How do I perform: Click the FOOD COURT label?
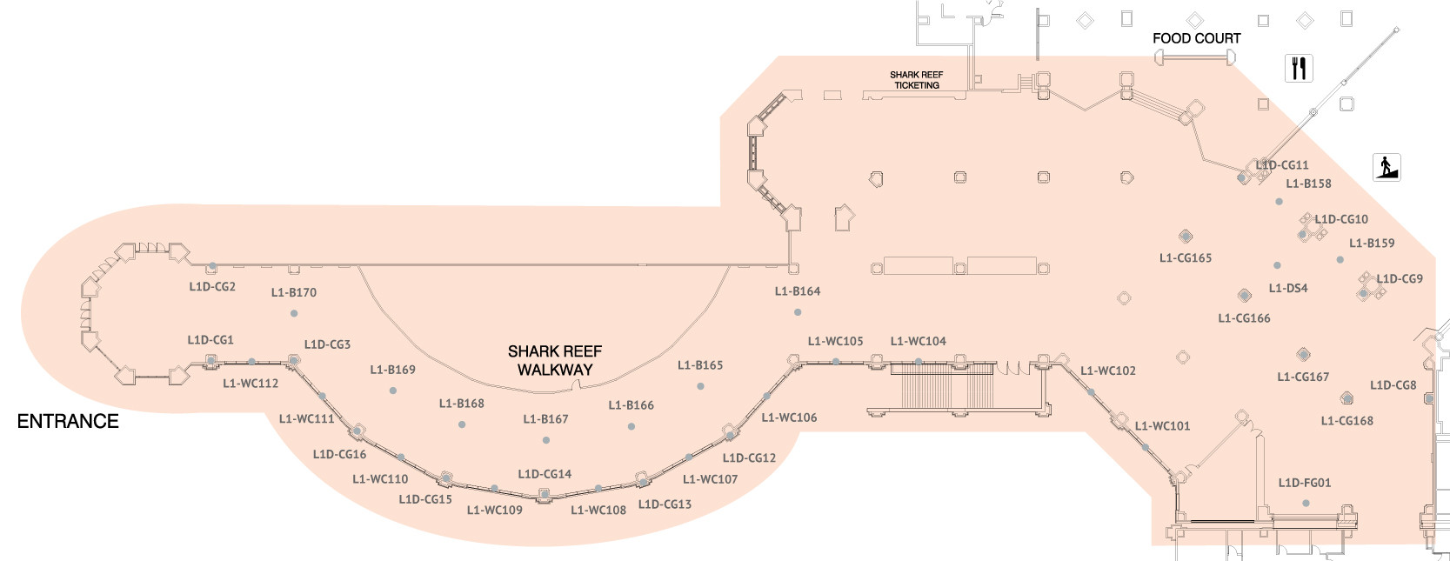pyautogui.click(x=1196, y=38)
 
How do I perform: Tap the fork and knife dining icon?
pyautogui.click(x=1299, y=68)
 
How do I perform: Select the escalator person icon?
pyautogui.click(x=1387, y=166)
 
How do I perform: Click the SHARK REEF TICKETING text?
pyautogui.click(x=916, y=80)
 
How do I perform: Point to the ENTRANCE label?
pyautogui.click(x=68, y=421)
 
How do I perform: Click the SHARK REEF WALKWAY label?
pyautogui.click(x=555, y=360)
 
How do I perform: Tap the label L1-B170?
pyautogui.click(x=294, y=292)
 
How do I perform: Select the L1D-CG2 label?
pyautogui.click(x=212, y=286)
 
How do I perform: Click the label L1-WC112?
pyautogui.click(x=251, y=383)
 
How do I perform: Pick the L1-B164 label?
pyautogui.click(x=798, y=291)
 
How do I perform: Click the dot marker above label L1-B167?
pyautogui.click(x=545, y=440)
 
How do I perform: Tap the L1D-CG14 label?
pyautogui.click(x=545, y=474)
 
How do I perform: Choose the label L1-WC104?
pyautogui.click(x=918, y=341)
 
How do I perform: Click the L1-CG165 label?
pyautogui.click(x=1185, y=257)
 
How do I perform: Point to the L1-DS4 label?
pyautogui.click(x=1287, y=288)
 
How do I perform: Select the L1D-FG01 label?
pyautogui.click(x=1304, y=483)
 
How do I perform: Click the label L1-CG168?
pyautogui.click(x=1346, y=421)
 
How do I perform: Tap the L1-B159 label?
pyautogui.click(x=1371, y=244)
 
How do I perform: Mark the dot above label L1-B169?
pyautogui.click(x=393, y=391)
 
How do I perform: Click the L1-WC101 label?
pyautogui.click(x=1162, y=426)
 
